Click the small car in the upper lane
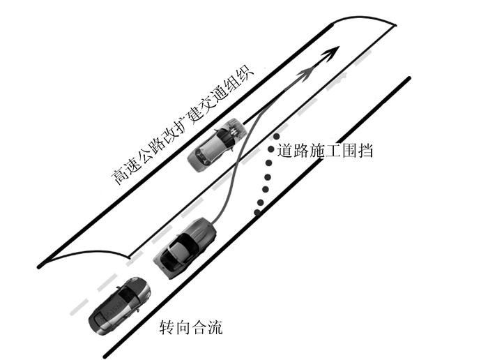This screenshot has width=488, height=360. click(217, 147)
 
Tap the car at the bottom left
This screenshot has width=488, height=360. click(119, 305)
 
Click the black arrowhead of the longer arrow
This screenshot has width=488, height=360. click(333, 52)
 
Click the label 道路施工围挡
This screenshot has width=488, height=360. click(325, 150)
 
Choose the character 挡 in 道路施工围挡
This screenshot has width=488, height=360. click(365, 150)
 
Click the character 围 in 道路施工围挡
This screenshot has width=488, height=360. click(349, 150)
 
